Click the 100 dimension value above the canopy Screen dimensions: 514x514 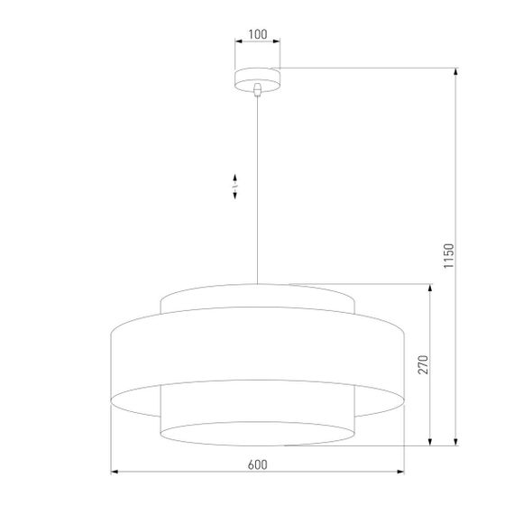257,34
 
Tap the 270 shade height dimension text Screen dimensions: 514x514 422,364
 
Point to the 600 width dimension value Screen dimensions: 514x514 257,464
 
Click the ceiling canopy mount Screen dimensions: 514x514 258,78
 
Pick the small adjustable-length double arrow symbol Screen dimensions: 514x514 235,186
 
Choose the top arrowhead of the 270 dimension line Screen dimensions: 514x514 431,286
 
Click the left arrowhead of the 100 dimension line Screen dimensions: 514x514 237,42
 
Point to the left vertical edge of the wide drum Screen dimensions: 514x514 112,361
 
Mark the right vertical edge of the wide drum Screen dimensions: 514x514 404,361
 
